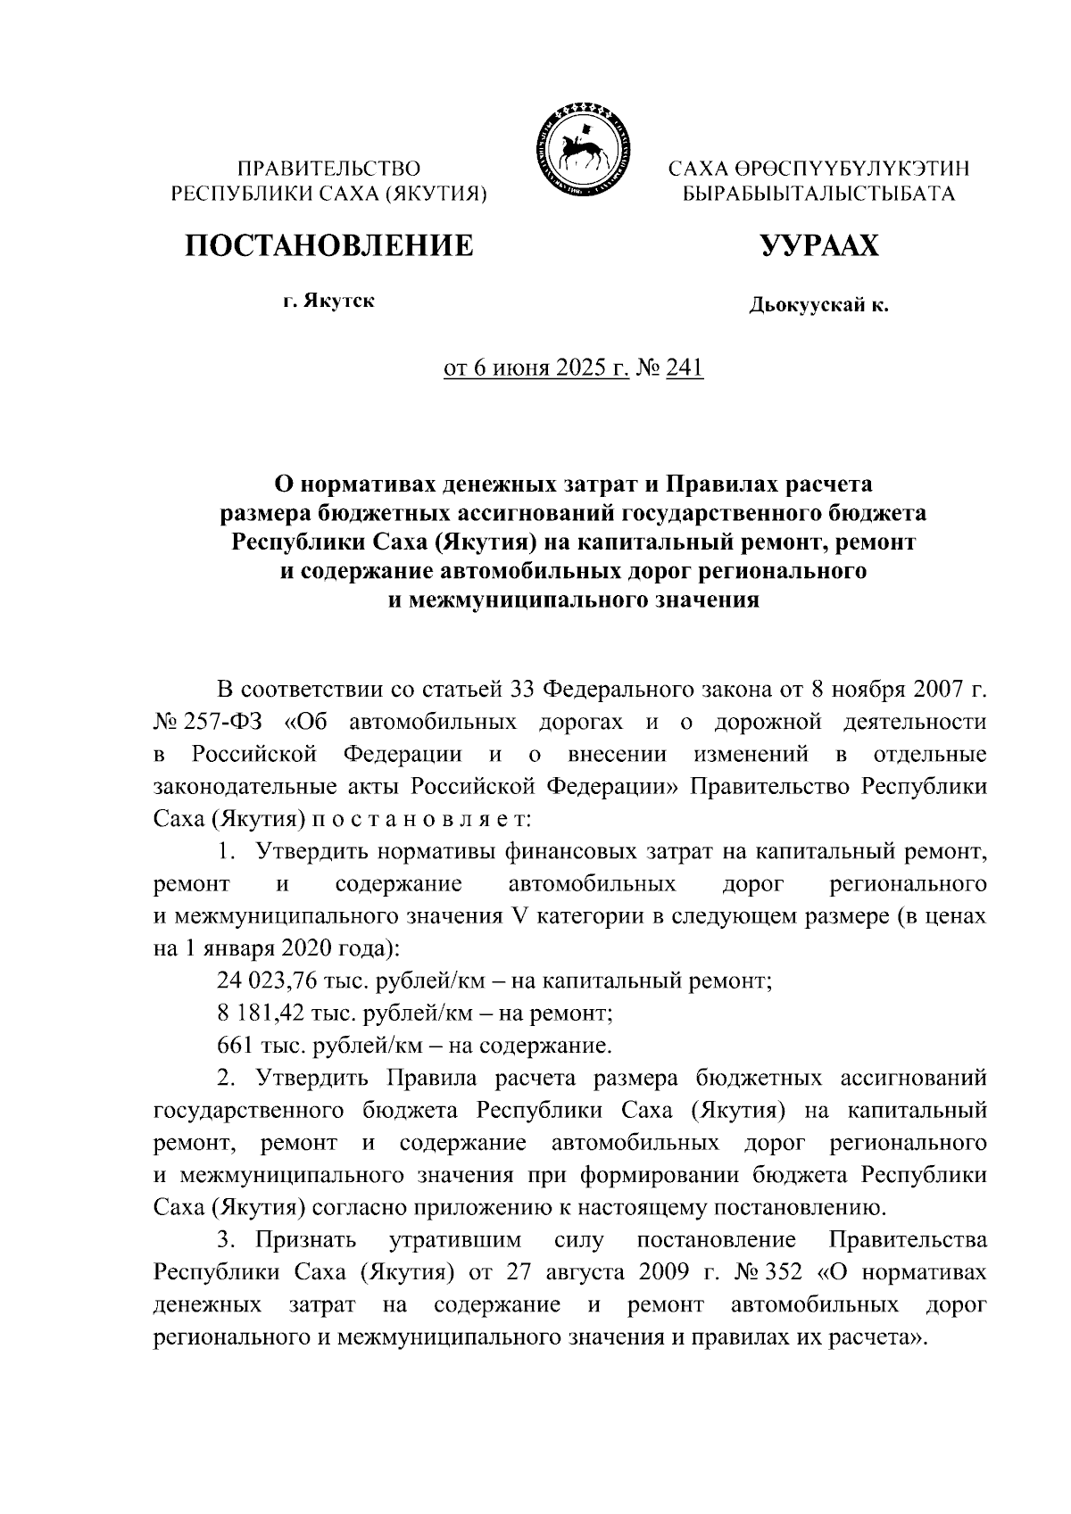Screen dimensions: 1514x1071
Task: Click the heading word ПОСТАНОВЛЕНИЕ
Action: pos(329,244)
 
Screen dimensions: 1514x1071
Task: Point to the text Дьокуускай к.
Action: pos(818,307)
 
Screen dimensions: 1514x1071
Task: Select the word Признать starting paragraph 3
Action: pos(306,1240)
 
